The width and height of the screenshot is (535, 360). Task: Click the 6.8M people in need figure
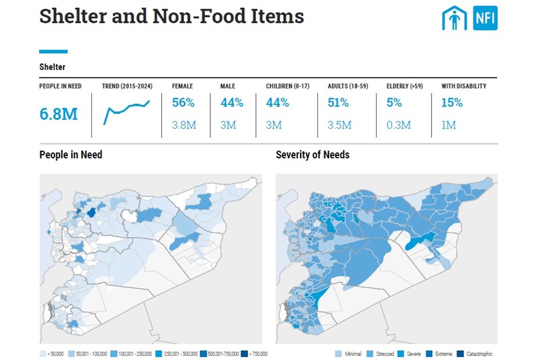(x=58, y=113)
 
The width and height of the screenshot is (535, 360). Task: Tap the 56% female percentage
(x=183, y=103)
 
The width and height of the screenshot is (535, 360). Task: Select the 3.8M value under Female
(x=184, y=125)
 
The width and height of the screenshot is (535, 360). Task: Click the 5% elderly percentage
(x=394, y=103)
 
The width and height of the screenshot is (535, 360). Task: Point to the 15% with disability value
(x=452, y=103)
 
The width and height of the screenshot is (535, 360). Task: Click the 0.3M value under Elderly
(x=398, y=125)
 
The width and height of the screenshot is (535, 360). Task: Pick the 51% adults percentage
(x=338, y=103)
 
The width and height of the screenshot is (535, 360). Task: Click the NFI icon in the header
(x=485, y=18)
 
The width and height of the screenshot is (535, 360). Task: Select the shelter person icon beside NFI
(x=454, y=18)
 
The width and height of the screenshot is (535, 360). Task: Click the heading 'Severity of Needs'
(x=312, y=155)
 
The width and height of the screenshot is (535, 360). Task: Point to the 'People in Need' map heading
(x=71, y=155)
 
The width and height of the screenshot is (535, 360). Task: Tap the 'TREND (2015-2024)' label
(x=127, y=86)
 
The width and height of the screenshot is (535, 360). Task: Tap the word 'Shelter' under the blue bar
(x=52, y=67)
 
